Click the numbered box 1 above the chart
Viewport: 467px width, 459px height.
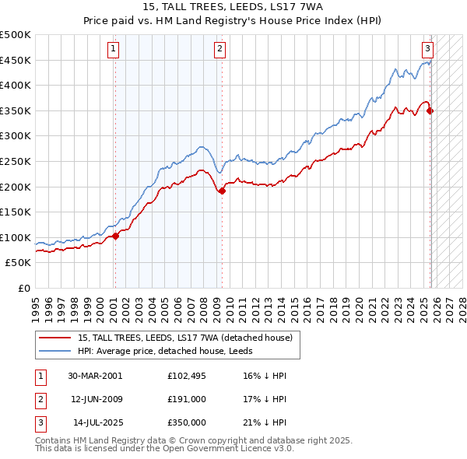114,49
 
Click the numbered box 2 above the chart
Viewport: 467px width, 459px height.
220,49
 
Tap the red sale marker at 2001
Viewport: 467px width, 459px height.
115,236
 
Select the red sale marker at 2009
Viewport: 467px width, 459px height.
222,191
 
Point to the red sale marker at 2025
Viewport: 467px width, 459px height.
430,110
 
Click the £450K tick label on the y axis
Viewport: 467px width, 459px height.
16,60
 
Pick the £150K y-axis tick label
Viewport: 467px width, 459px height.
16,212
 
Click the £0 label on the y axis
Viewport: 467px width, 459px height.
23,288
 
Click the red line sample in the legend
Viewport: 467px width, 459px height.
55,338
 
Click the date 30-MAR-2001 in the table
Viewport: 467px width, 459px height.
95,376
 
